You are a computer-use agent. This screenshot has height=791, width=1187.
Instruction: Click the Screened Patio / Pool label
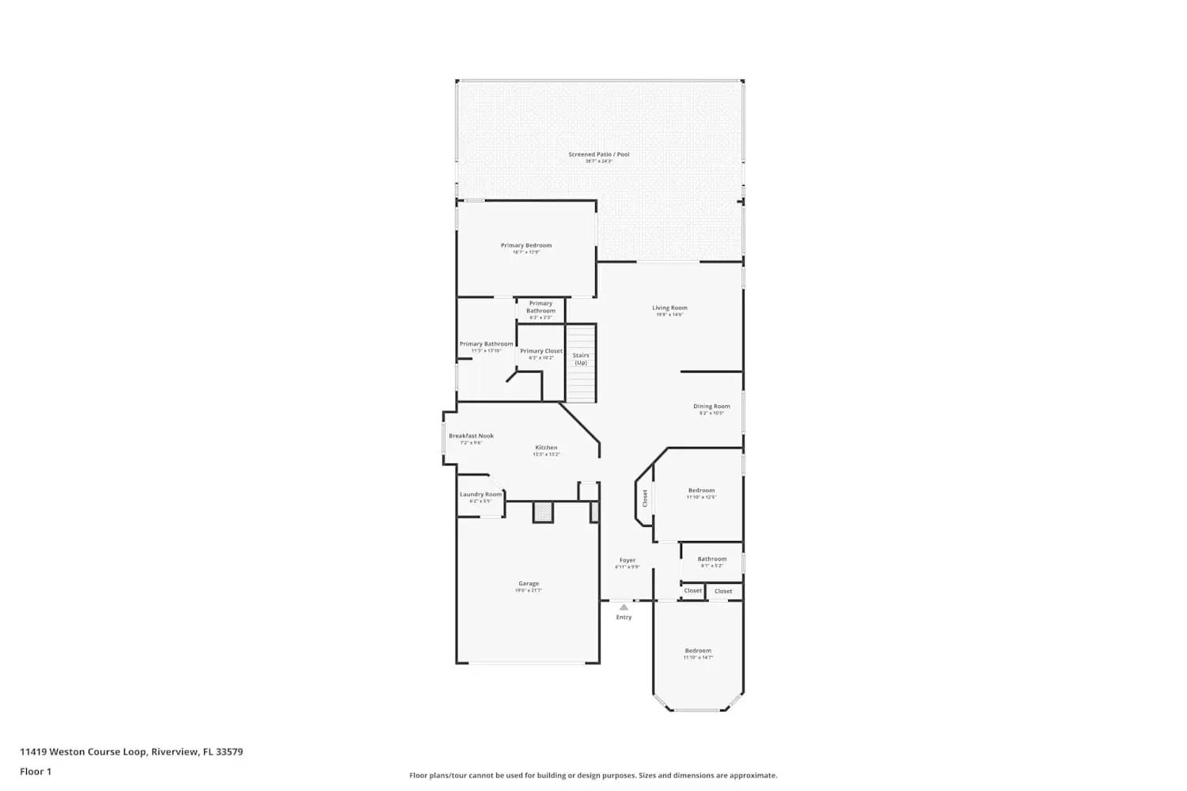[598, 154]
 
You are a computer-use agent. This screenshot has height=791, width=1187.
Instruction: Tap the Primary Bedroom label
[526, 245]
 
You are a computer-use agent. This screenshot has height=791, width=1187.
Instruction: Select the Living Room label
[669, 308]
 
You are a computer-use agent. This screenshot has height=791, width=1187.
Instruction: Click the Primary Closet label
[541, 351]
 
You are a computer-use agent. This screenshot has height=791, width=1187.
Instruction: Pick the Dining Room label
[711, 407]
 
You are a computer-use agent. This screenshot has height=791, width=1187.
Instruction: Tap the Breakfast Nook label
[471, 436]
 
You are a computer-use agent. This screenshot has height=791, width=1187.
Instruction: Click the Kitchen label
[546, 448]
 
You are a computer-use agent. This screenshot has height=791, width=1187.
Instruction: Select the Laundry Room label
[480, 494]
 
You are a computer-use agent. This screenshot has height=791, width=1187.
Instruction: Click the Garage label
[529, 584]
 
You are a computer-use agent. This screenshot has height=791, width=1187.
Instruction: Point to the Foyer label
[628, 560]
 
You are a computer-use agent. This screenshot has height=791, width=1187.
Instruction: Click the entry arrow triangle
[624, 607]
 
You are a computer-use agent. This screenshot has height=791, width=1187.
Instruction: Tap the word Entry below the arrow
[624, 617]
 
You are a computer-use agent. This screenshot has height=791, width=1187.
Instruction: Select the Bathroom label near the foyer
[711, 559]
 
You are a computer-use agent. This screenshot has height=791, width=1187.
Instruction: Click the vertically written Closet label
[645, 498]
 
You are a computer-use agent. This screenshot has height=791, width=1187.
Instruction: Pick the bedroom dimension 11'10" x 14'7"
[698, 657]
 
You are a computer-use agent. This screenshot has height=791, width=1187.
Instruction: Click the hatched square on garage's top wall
[543, 513]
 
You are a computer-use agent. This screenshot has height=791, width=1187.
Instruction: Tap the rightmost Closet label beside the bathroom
[723, 591]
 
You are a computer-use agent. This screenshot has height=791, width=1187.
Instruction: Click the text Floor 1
[36, 771]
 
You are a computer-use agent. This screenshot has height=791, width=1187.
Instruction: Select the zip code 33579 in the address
[229, 752]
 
